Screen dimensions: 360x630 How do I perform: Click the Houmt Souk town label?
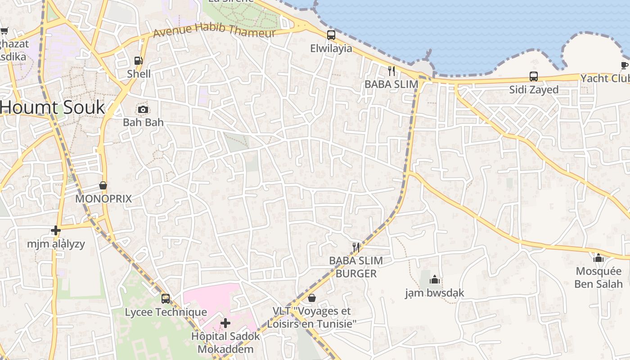coord(53,108)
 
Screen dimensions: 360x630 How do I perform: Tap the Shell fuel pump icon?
coord(139,61)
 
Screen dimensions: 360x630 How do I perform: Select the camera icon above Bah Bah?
coord(143,109)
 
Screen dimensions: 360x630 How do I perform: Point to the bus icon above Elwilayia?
coord(331,35)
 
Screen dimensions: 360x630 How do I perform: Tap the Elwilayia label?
coord(331,48)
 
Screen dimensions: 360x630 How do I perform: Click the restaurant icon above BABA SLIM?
coord(391,71)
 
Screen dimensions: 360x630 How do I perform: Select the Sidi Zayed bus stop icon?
coord(534,76)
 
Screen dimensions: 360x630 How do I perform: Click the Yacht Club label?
coord(605,78)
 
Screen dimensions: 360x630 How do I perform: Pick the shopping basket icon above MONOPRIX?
coord(103,185)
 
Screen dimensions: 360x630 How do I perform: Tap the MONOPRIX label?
coord(103,198)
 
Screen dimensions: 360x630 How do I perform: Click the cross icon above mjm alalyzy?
coord(56,230)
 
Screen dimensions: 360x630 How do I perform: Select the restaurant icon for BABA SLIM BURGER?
coord(356,247)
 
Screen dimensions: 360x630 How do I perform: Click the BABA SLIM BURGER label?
coord(356,267)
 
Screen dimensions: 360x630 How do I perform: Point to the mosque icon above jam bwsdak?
coord(434,280)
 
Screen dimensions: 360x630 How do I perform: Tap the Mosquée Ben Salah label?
coord(598,278)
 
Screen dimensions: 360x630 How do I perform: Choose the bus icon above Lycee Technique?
coord(166,298)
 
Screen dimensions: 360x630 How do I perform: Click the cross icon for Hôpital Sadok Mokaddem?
coord(225,323)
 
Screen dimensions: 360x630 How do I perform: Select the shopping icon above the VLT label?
coord(311,298)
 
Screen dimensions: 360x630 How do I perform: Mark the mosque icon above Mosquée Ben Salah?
coord(598,258)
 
